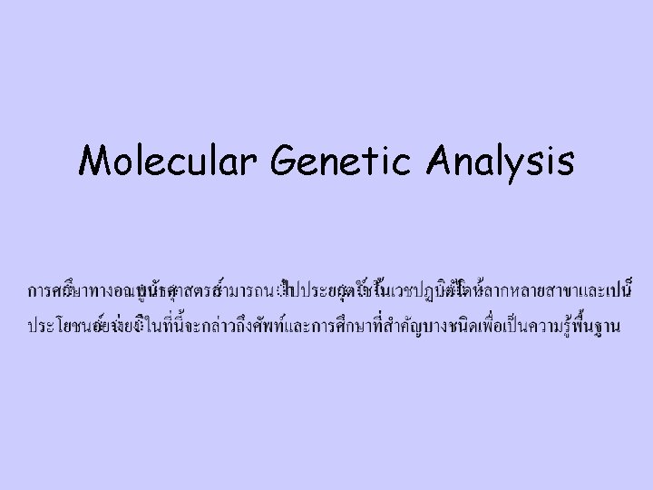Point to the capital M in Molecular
coord(94,162)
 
